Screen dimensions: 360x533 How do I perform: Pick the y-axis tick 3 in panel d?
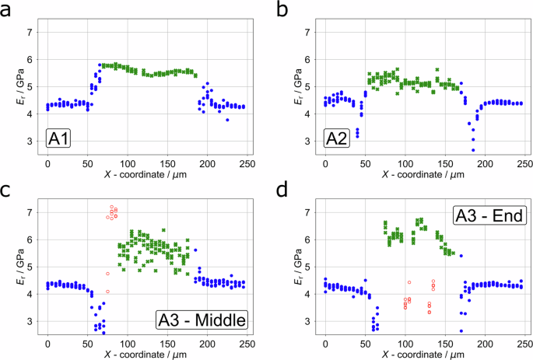point(308,321)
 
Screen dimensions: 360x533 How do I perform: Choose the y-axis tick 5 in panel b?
point(308,87)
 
